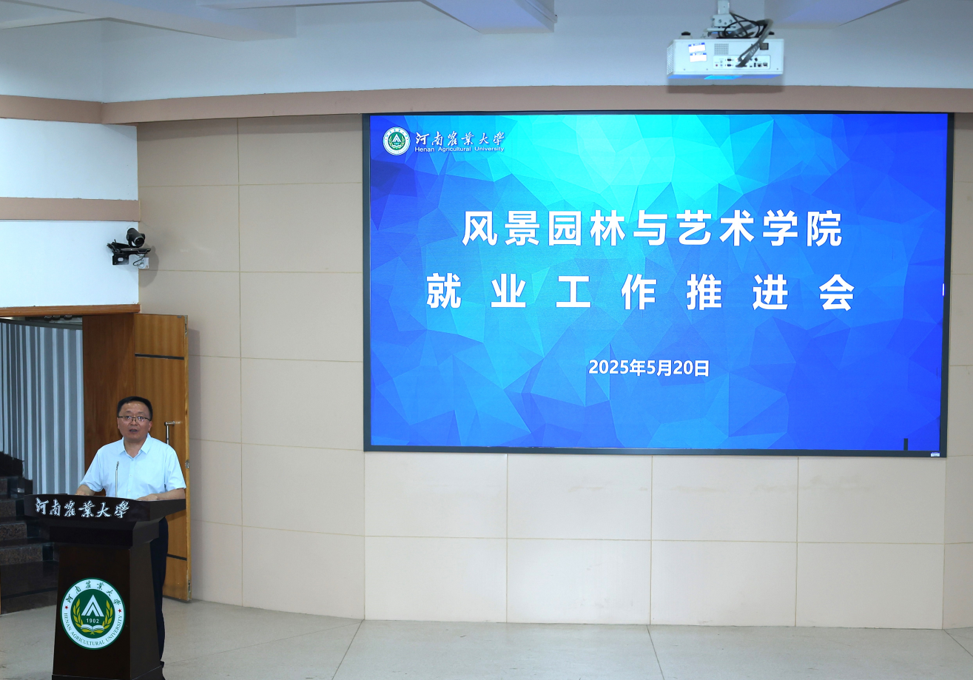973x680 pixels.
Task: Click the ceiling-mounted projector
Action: (x=725, y=59)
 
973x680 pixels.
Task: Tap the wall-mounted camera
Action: (x=130, y=247)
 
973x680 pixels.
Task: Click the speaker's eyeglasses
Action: (x=134, y=419)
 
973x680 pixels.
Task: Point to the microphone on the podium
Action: (x=117, y=479)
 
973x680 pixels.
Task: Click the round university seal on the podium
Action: (x=92, y=613)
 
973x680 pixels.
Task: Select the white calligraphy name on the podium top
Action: (x=82, y=508)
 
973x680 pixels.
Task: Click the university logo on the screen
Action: (x=396, y=141)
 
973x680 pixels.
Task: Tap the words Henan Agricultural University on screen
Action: (x=459, y=149)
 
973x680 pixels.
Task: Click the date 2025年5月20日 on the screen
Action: (x=649, y=368)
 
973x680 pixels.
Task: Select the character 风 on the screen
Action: (x=479, y=229)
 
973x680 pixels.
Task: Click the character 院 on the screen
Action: (x=824, y=229)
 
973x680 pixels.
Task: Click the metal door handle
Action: (x=169, y=431)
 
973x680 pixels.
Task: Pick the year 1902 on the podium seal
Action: (x=92, y=621)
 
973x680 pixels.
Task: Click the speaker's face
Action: (x=134, y=420)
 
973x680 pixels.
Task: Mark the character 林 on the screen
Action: (x=607, y=229)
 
